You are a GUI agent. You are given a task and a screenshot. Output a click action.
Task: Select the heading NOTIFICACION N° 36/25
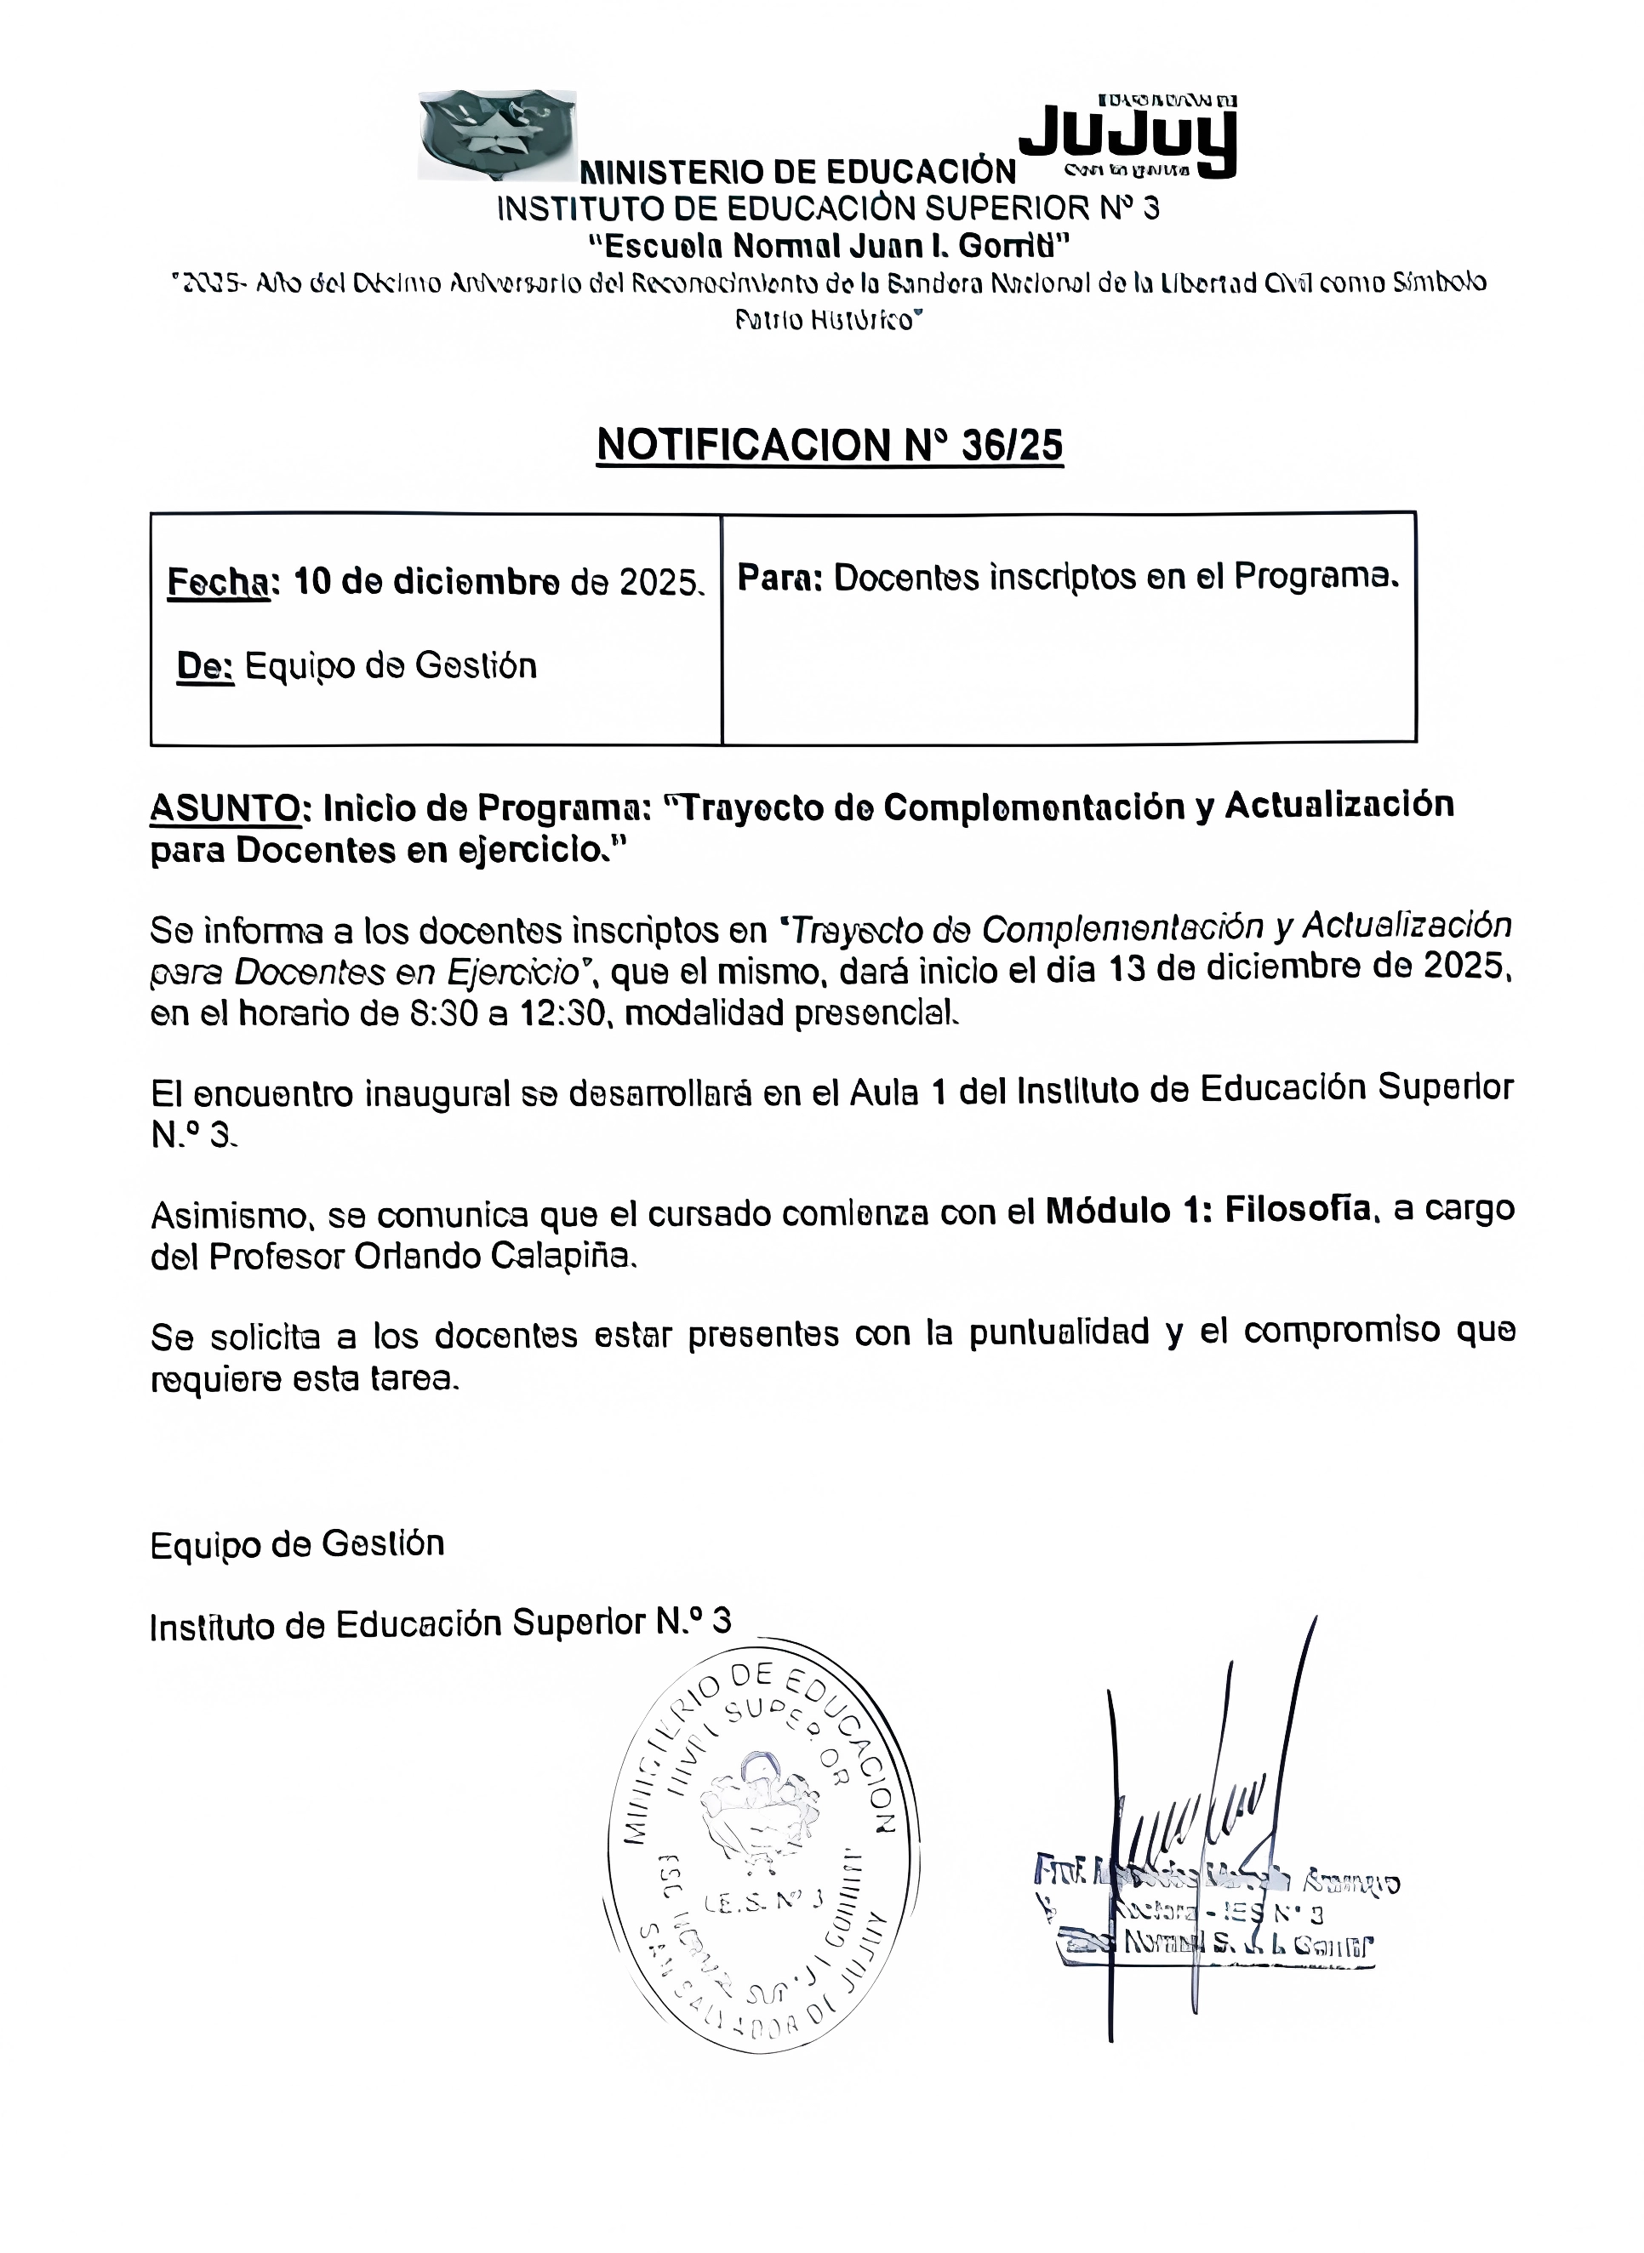(830, 445)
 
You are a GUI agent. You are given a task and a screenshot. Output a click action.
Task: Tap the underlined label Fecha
(218, 582)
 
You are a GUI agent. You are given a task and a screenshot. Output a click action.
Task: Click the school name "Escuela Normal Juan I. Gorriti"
(829, 245)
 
